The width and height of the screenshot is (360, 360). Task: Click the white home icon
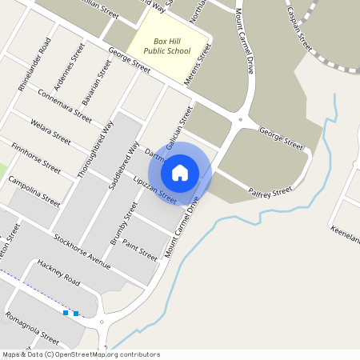(180, 172)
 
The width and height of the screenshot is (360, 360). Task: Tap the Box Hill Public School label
(168, 45)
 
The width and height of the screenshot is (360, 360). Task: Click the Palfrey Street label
(270, 192)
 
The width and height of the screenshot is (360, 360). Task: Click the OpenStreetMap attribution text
(80, 354)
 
